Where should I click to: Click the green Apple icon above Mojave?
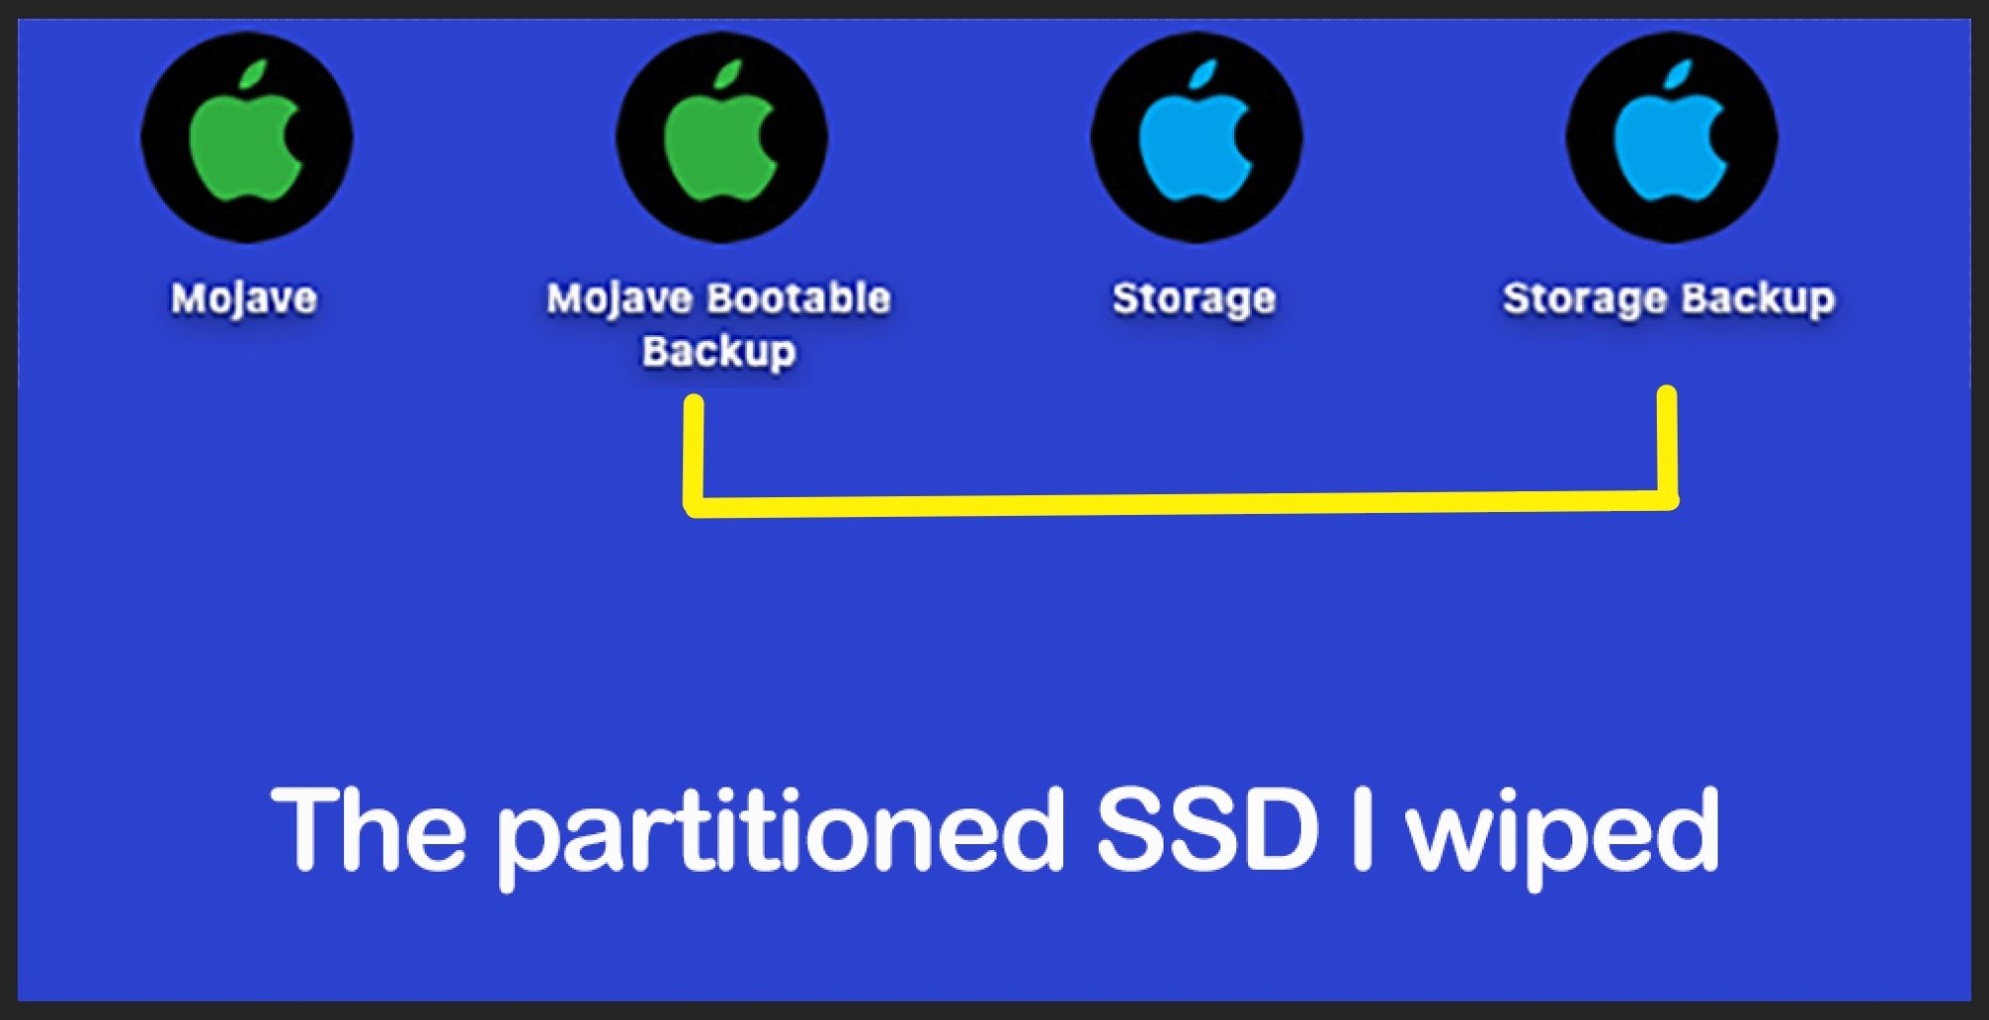click(x=246, y=137)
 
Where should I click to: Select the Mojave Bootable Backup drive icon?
click(x=721, y=137)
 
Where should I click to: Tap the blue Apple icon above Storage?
click(x=1196, y=137)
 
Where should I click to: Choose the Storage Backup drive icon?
click(x=1672, y=137)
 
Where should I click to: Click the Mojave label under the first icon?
click(x=244, y=298)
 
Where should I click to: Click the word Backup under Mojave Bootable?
click(x=718, y=351)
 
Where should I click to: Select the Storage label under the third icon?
click(x=1193, y=298)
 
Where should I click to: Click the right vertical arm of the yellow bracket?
click(x=1668, y=442)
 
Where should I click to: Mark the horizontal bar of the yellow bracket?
click(x=1183, y=503)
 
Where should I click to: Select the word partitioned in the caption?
click(x=781, y=831)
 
